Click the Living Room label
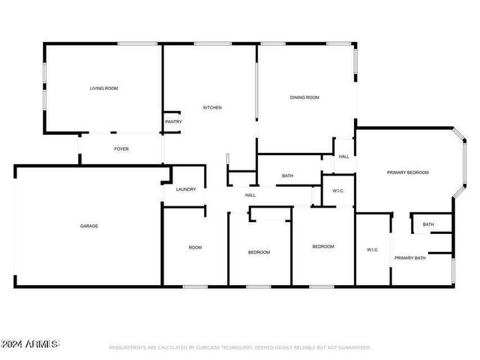[103, 88]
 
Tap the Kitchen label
[212, 107]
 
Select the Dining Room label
[305, 97]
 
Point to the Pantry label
[173, 121]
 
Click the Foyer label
[121, 148]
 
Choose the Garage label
[89, 226]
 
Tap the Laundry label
[186, 189]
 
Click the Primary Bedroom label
[408, 172]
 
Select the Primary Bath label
[410, 258]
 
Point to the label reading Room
[195, 247]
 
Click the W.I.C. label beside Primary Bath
[373, 250]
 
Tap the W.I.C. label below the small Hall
[338, 191]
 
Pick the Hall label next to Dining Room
[343, 156]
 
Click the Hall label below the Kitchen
[250, 195]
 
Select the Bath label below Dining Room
[287, 176]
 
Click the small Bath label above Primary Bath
[428, 224]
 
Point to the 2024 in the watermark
[12, 344]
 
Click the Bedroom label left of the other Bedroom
[259, 252]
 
